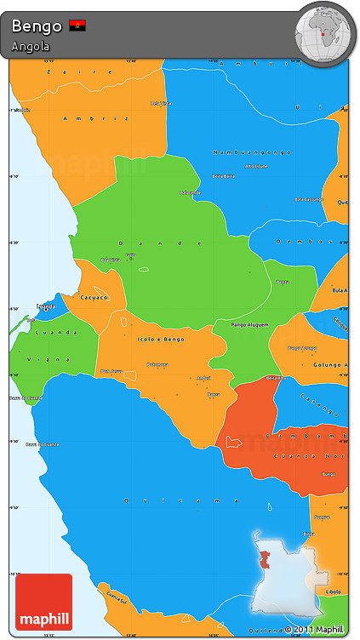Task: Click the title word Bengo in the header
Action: click(x=37, y=26)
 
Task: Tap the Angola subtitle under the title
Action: click(x=31, y=46)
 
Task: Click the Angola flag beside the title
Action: click(x=77, y=26)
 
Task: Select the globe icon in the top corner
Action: click(x=324, y=31)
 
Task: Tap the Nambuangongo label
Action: click(x=249, y=151)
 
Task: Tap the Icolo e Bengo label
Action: click(x=161, y=339)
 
